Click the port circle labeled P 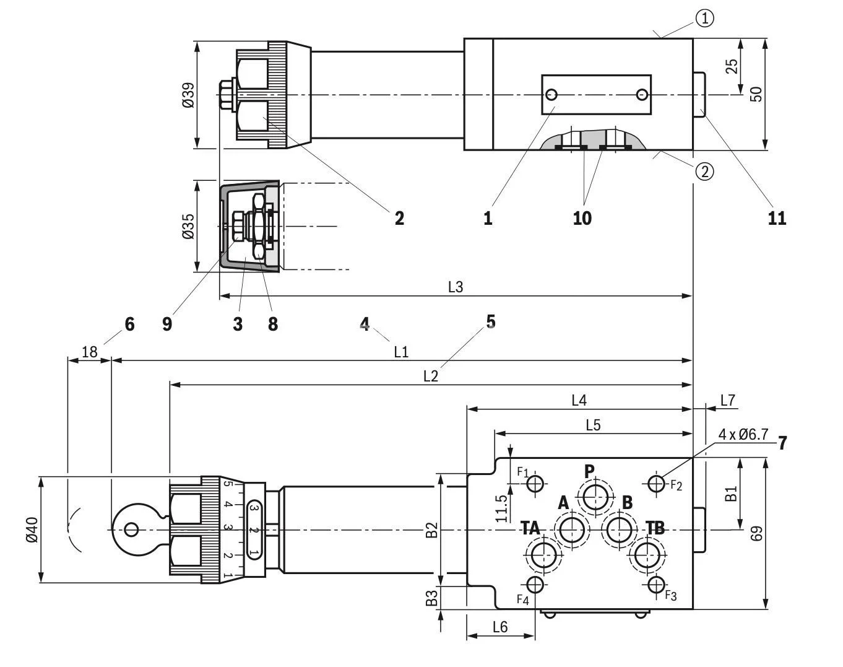(595, 496)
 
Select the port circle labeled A (571, 530)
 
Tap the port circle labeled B (619, 530)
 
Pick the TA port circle (543, 555)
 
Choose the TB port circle (646, 555)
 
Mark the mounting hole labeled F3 (656, 584)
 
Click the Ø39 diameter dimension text (188, 95)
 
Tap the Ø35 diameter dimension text (188, 227)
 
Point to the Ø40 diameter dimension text (32, 530)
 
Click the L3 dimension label (456, 287)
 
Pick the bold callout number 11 (777, 218)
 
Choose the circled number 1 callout (704, 19)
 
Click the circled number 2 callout (704, 170)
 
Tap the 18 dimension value (90, 352)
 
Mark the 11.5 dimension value (503, 508)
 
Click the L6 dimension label (500, 627)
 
